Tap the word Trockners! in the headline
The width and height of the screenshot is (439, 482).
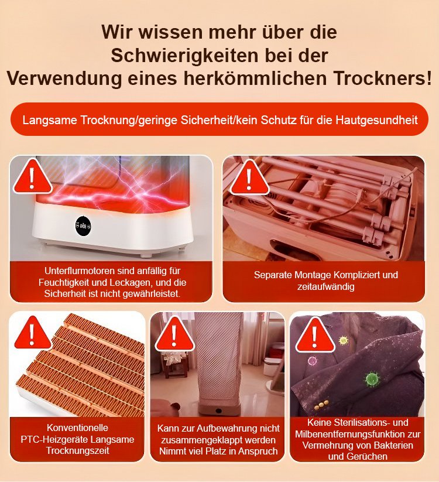click(383, 78)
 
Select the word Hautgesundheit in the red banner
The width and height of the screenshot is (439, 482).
click(376, 120)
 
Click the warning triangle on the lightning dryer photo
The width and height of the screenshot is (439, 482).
click(32, 177)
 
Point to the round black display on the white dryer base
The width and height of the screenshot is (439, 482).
click(83, 226)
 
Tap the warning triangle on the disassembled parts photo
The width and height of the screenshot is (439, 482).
click(249, 178)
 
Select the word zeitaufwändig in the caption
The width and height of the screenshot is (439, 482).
click(325, 286)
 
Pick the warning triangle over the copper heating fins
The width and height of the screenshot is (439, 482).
click(32, 333)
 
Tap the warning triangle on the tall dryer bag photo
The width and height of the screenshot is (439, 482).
click(174, 334)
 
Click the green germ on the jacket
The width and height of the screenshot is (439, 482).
click(372, 380)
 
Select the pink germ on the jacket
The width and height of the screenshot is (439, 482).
click(312, 361)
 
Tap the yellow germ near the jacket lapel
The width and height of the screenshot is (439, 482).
click(343, 340)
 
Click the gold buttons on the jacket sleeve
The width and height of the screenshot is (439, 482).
click(321, 405)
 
